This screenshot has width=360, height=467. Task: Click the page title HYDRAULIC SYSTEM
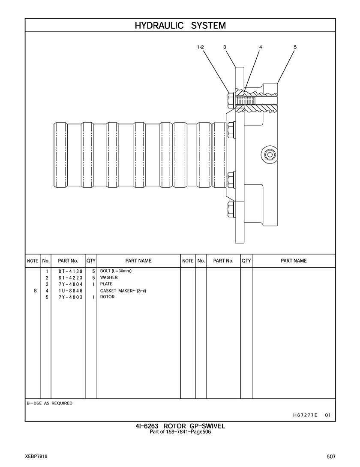coord(180,26)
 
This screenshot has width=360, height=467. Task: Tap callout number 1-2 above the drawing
coord(201,47)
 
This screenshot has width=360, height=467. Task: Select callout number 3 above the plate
coord(225,47)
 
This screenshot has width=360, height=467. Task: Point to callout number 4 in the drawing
coord(261,47)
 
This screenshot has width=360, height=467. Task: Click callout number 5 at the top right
coord(295,47)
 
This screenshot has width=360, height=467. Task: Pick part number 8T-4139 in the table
coord(71,271)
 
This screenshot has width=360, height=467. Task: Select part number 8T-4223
coord(71,278)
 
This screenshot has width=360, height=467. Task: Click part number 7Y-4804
coord(71,284)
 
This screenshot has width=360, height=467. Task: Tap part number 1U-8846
coord(71,291)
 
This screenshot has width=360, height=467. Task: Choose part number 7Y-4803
coord(71,297)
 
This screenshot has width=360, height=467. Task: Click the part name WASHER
coord(109,277)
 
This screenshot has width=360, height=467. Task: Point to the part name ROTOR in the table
coord(107,297)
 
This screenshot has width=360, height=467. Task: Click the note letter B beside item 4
coord(35,291)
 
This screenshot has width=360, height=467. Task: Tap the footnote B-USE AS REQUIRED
coord(49,403)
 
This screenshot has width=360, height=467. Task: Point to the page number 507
coord(331,457)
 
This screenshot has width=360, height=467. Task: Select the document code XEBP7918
coord(36,457)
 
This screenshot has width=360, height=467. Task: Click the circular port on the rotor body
coord(270,155)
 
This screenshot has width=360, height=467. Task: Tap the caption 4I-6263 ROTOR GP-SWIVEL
coord(180,426)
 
